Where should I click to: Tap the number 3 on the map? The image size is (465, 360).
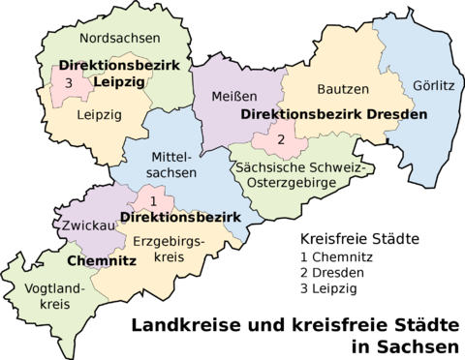[x=68, y=83]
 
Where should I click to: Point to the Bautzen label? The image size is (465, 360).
[x=343, y=89]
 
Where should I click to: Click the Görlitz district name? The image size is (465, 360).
[x=432, y=84]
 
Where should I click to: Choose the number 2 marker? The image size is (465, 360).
[x=281, y=140]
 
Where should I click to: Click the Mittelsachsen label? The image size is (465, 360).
[x=174, y=164]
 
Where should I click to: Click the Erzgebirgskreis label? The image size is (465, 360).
[x=168, y=249]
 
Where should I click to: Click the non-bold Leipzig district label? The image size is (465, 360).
[x=84, y=114]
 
